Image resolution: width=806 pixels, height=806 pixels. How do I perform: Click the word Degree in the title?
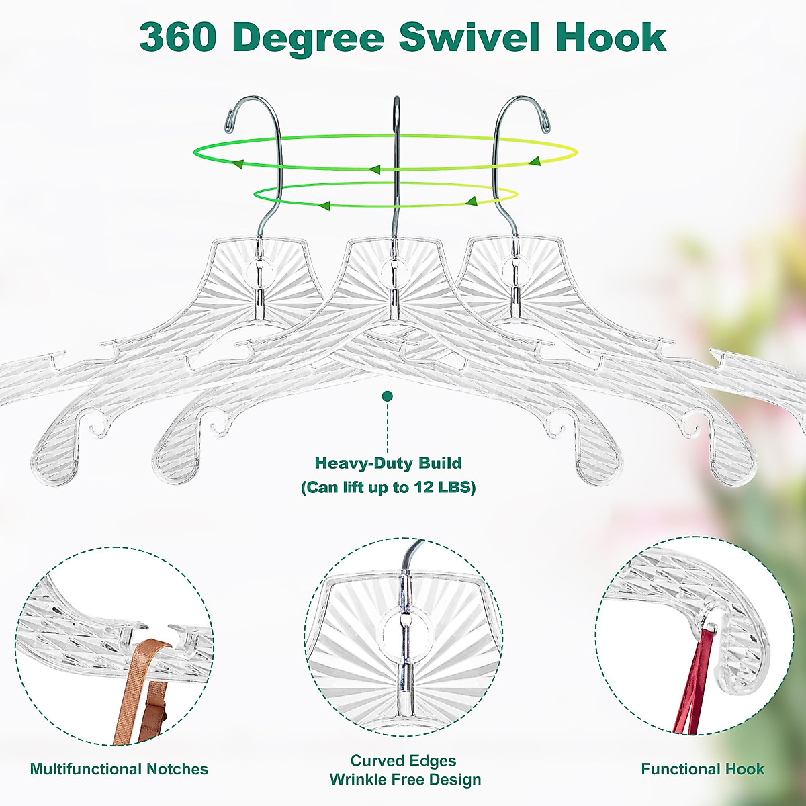[x=309, y=38]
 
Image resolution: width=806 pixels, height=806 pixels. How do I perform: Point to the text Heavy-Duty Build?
[x=388, y=463]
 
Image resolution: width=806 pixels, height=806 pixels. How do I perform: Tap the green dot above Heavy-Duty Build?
[x=387, y=396]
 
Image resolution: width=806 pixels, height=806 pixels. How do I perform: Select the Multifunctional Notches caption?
[x=119, y=769]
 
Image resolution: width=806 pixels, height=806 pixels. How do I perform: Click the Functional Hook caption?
[x=703, y=769]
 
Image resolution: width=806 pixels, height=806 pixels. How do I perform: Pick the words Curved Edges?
[x=403, y=761]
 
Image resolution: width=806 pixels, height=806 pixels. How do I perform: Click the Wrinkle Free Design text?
[x=405, y=780]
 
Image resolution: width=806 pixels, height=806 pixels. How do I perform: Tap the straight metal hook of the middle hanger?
[x=396, y=168]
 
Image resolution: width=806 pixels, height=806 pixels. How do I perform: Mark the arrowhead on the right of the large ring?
[x=535, y=161]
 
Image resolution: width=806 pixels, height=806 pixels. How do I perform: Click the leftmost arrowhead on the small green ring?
[x=324, y=205]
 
